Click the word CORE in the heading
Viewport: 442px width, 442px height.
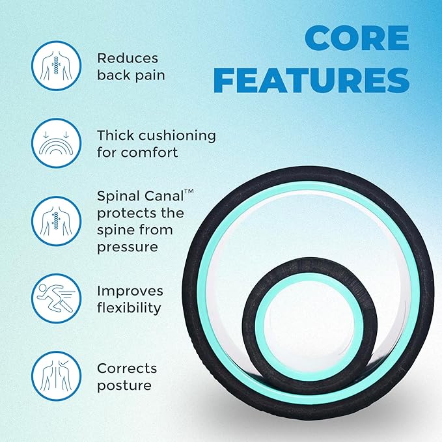pos(357,40)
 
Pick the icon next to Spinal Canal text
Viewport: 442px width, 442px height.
pos(55,221)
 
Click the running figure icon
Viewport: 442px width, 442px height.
pos(55,299)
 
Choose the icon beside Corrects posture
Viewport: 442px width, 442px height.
pos(55,376)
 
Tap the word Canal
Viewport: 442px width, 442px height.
pos(169,196)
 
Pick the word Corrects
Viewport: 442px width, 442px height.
pos(127,368)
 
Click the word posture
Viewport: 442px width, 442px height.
pos(124,385)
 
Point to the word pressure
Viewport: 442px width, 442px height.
pos(128,247)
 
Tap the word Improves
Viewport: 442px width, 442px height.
pos(130,290)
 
